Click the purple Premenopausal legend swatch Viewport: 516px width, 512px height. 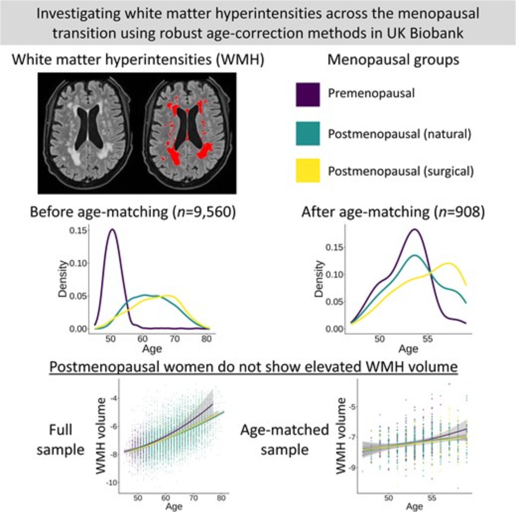[x=308, y=94]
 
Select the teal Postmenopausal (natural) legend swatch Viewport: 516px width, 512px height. [x=308, y=133]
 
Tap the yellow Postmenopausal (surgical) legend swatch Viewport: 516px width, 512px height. [x=308, y=171]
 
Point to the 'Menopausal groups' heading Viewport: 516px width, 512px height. [x=393, y=60]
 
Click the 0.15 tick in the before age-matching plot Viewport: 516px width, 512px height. [x=78, y=230]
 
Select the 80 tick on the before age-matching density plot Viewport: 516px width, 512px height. [x=206, y=339]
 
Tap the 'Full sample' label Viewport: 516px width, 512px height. [x=61, y=440]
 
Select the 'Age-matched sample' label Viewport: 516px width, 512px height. [x=285, y=440]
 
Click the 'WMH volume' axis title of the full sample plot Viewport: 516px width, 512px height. [x=101, y=436]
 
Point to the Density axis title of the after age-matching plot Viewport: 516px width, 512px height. [x=319, y=279]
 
